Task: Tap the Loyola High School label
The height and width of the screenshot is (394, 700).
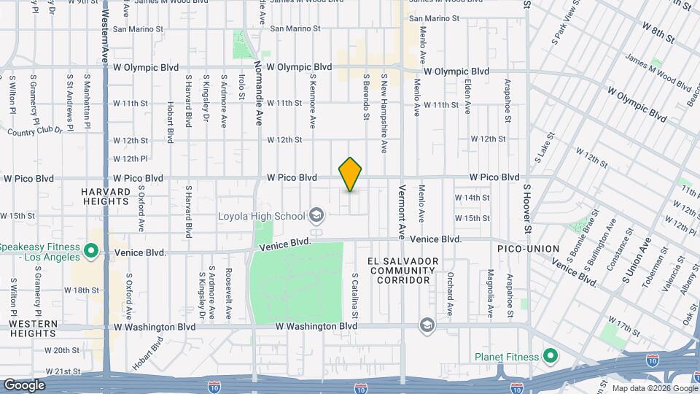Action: pos(262,216)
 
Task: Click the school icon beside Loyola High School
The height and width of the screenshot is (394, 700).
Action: pos(316,215)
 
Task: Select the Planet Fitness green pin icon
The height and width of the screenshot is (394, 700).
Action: pos(551,357)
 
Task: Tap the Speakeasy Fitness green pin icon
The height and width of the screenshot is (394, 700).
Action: pos(90,252)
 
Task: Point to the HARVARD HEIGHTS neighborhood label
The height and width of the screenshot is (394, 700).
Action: pos(106,196)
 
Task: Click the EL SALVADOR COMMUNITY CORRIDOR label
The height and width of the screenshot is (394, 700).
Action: pos(403,271)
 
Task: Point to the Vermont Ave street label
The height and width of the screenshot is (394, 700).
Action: pos(402,212)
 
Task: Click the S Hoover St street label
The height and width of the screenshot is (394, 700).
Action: pos(526,209)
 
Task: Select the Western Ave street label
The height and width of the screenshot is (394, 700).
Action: pos(105,36)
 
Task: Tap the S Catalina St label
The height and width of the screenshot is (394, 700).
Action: pos(355,295)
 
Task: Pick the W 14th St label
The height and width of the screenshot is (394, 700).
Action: pos(472,198)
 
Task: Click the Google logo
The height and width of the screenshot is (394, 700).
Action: pos(24,385)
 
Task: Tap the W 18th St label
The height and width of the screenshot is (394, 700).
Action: pos(81,290)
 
